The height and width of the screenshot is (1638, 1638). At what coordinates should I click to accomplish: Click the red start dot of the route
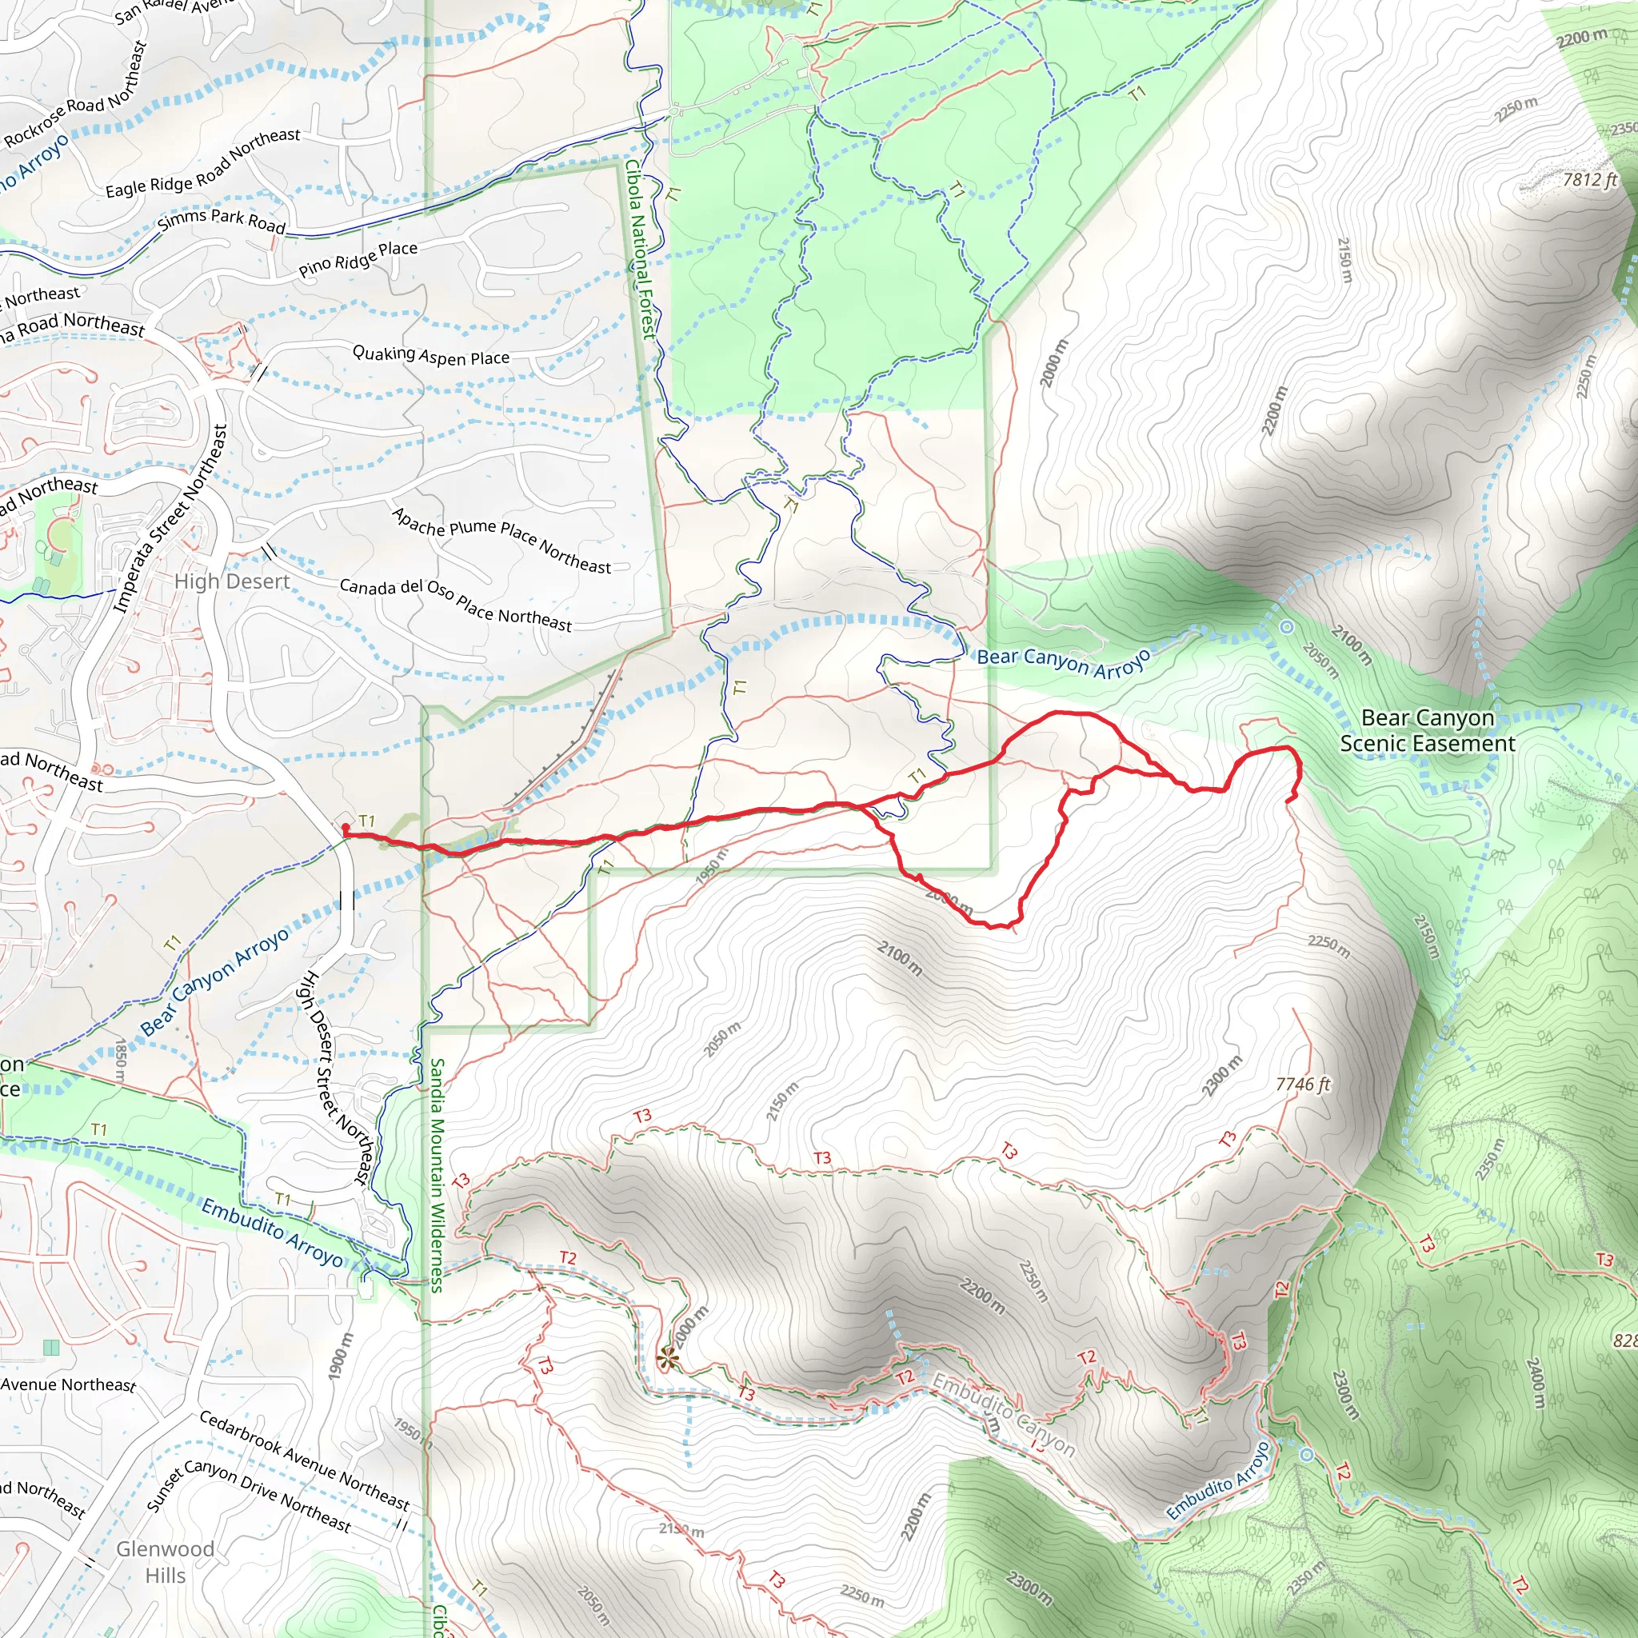point(345,829)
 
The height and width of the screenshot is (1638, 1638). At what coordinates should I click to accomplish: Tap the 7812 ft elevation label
point(1590,180)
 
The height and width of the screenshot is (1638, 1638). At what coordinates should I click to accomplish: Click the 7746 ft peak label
point(1303,1085)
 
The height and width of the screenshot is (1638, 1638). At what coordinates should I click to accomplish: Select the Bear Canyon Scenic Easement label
point(1427,730)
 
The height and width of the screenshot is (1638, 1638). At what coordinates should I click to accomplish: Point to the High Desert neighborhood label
point(231,581)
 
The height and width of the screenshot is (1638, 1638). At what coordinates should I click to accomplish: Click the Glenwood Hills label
point(165,1562)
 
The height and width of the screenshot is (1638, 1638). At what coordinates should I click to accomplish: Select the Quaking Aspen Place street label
point(431,356)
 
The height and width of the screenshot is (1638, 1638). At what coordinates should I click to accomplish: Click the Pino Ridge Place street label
point(358,259)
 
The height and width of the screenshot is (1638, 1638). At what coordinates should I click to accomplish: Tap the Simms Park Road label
point(222,222)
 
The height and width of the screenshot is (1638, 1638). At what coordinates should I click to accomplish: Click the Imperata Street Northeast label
point(172,518)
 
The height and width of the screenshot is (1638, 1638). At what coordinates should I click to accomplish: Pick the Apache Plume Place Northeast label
point(501,540)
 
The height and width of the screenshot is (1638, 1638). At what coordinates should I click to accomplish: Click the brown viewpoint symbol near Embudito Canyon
point(668,1359)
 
